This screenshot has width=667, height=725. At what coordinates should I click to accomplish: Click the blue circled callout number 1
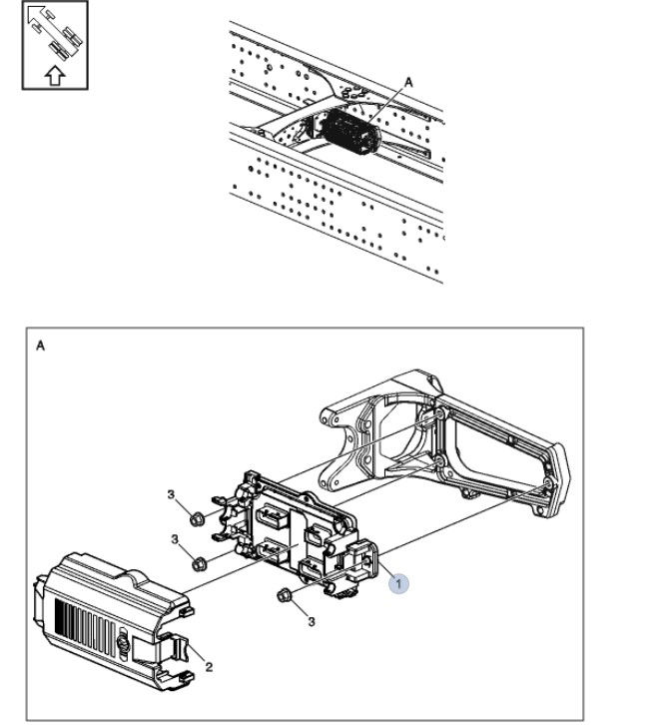click(398, 582)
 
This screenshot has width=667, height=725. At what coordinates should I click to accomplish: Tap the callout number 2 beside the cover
click(209, 667)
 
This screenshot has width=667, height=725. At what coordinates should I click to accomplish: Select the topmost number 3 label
click(171, 495)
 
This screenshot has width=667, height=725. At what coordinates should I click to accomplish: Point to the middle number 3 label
click(176, 539)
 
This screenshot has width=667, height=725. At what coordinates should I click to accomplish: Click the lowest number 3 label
click(311, 621)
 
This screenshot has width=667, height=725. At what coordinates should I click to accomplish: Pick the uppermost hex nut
click(197, 518)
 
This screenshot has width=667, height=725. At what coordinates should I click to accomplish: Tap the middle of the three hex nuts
click(201, 562)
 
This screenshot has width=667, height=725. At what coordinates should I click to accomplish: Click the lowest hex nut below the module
click(283, 597)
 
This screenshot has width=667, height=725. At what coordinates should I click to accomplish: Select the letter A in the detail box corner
click(41, 346)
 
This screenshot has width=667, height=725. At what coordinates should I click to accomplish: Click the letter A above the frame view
click(407, 82)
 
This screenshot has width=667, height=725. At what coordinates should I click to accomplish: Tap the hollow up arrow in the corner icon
click(55, 73)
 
